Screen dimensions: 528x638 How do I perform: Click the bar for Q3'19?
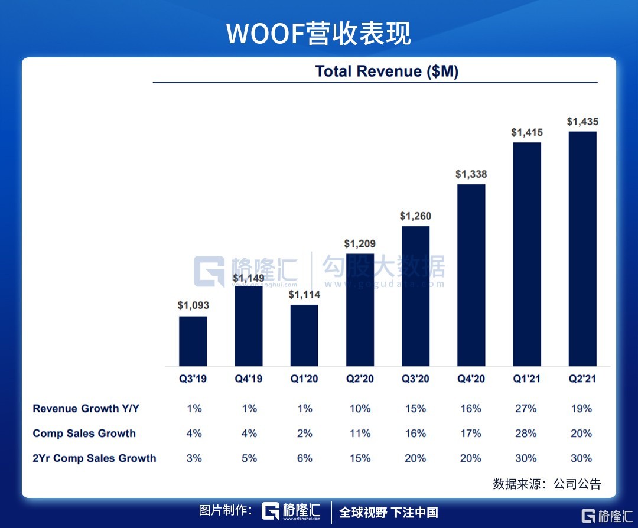pos(193,341)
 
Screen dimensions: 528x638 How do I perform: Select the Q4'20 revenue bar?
pos(471,275)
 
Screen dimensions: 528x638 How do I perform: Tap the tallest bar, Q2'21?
pos(582,248)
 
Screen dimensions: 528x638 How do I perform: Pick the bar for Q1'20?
pos(304,335)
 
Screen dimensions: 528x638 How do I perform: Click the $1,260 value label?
pos(416,216)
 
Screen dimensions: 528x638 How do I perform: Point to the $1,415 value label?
pos(527,133)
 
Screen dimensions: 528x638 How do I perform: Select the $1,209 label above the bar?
pos(360,243)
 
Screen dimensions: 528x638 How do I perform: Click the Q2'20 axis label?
pos(360,379)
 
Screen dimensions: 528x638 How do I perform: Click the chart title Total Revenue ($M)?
pos(387,71)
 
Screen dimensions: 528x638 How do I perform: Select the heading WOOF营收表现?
pos(319,34)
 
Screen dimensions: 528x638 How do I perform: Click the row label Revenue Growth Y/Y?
pos(86,408)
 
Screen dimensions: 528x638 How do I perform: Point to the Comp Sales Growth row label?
pos(84,434)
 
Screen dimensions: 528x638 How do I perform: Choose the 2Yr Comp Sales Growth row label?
pos(95,458)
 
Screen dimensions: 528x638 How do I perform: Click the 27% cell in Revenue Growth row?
pos(526,408)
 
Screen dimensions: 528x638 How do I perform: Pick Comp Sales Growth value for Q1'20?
pos(304,434)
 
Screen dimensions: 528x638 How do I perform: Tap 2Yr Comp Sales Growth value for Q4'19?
pos(249,458)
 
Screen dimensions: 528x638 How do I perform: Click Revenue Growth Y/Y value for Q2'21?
pos(581,408)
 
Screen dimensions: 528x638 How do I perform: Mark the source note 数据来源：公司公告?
pos(546,484)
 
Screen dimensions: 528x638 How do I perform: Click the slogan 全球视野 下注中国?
pos(389,511)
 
